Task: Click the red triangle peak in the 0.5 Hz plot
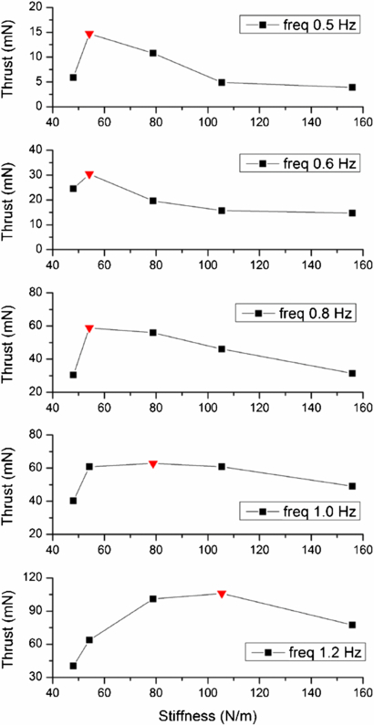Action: tap(89, 35)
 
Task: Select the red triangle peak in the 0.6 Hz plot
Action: tap(89, 174)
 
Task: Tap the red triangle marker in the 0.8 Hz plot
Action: tap(89, 328)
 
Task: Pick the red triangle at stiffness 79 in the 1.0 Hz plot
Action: tap(153, 464)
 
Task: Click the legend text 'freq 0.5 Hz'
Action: tap(307, 25)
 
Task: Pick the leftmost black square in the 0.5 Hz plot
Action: tap(73, 78)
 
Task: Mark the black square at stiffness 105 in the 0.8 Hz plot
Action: tap(222, 349)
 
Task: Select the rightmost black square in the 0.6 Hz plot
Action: tap(352, 212)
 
